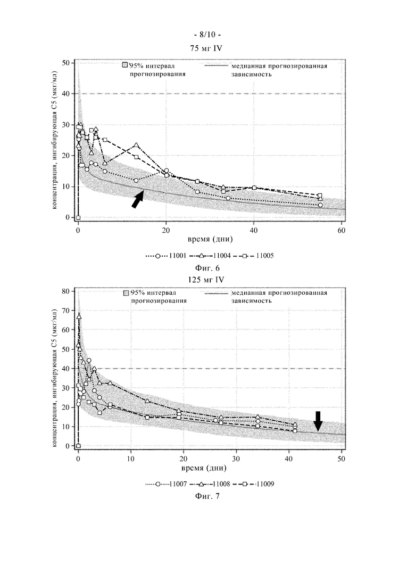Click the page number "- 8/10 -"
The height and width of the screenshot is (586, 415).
[x=207, y=35]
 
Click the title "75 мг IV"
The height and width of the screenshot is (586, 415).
[x=207, y=48]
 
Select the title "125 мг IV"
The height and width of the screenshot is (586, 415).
[x=207, y=279]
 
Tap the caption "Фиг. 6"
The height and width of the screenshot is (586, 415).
[x=207, y=268]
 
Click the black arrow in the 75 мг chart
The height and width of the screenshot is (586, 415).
[x=138, y=199]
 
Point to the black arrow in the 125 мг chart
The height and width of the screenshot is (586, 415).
[x=318, y=421]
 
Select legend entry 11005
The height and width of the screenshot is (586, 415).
[x=253, y=256]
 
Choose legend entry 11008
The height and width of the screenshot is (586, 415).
[x=210, y=484]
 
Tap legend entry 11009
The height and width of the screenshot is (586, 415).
[x=254, y=484]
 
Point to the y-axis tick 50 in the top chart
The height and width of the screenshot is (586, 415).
[x=66, y=63]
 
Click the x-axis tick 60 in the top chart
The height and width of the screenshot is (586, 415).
[x=341, y=231]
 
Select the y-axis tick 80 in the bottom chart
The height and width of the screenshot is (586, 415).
[x=66, y=291]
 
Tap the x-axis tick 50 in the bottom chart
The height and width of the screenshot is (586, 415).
[x=341, y=459]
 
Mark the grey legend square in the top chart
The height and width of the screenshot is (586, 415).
[x=126, y=65]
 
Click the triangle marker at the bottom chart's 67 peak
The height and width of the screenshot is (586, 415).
[x=79, y=316]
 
